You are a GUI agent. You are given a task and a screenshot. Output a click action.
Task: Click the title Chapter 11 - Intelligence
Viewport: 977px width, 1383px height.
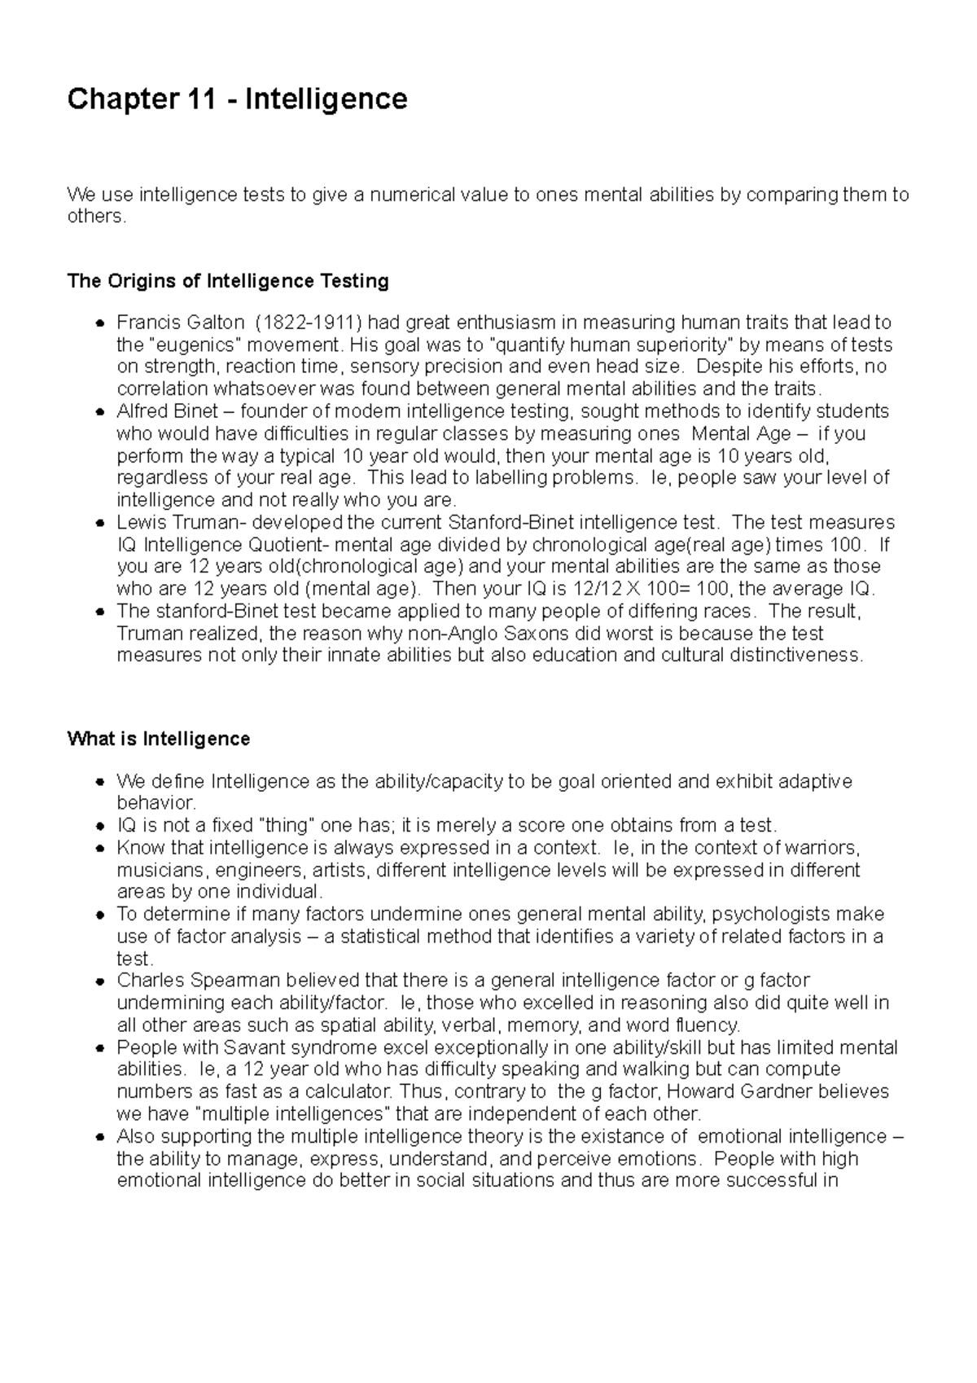pyautogui.click(x=237, y=99)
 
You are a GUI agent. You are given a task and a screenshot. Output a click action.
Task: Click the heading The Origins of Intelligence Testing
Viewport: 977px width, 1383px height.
pyautogui.click(x=228, y=281)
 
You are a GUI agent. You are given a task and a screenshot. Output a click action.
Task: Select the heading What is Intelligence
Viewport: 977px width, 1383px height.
pyautogui.click(x=159, y=739)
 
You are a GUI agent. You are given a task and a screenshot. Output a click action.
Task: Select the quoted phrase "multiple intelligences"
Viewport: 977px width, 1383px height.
pyautogui.click(x=295, y=1113)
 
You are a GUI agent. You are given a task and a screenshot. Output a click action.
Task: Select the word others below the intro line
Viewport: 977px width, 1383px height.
pyautogui.click(x=96, y=217)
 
